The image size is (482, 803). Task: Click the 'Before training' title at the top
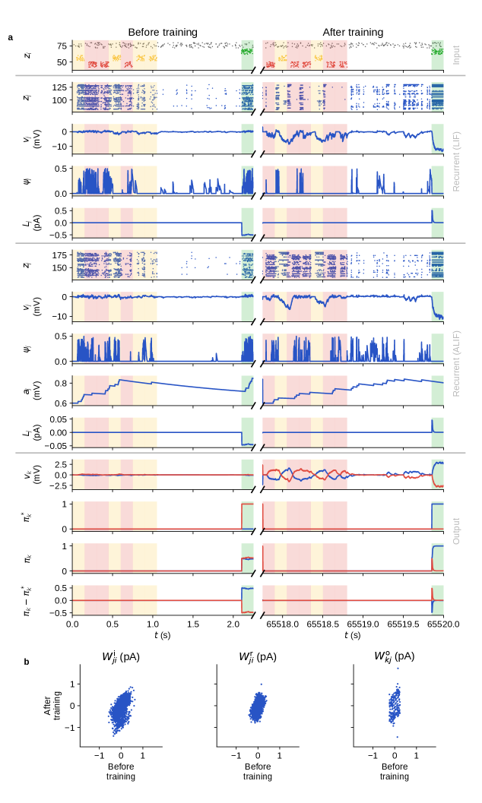coord(162,32)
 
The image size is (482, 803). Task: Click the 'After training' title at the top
coord(353,32)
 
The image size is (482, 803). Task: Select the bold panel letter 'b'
coord(27,662)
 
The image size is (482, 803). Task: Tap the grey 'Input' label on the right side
coord(456,54)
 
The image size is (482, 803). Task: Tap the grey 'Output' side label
coord(456,530)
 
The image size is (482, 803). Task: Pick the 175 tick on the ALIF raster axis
coord(57,255)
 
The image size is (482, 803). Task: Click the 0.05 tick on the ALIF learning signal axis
coord(55,419)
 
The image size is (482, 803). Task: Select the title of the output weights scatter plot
coord(394,656)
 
